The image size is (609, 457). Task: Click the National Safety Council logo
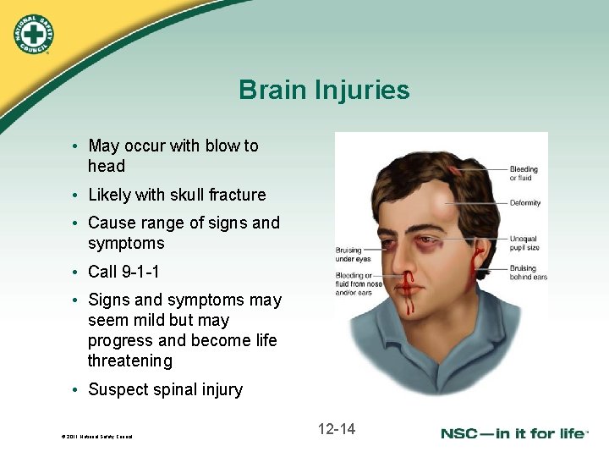tap(33, 34)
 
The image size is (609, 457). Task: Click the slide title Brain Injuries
tap(324, 90)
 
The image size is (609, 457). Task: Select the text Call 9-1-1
tap(123, 272)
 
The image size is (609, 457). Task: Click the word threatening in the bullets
tap(130, 361)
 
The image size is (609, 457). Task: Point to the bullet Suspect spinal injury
tap(165, 389)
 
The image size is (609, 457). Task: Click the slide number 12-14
tap(337, 429)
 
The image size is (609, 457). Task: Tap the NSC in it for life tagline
tap(513, 433)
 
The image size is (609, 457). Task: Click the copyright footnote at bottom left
tap(96, 437)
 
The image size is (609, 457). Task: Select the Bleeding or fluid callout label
tap(524, 174)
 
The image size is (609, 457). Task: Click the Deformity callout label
tap(525, 203)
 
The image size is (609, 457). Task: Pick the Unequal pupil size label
tap(524, 244)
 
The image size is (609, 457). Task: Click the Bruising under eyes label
tap(348, 254)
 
